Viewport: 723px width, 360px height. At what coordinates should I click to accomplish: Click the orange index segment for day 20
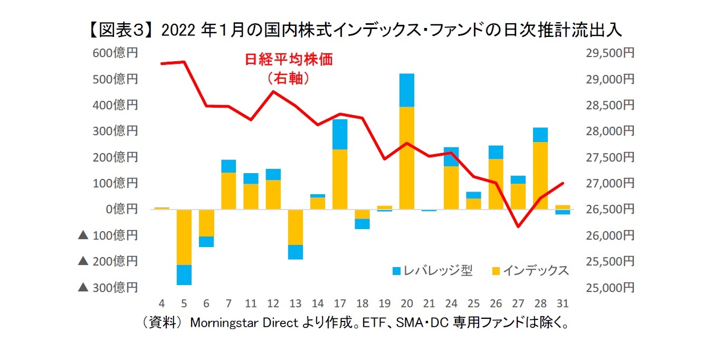406,158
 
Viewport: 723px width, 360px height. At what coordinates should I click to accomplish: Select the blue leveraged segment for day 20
406,90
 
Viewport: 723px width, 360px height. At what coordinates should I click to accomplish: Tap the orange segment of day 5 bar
184,237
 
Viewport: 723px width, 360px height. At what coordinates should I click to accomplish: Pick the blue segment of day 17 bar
340,134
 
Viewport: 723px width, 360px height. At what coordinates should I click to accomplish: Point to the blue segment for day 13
295,252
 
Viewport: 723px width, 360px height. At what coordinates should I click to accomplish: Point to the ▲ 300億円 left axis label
108,287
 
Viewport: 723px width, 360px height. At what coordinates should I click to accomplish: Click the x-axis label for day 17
340,304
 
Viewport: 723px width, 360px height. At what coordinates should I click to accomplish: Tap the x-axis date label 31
562,304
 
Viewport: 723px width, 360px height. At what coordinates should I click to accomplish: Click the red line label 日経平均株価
289,59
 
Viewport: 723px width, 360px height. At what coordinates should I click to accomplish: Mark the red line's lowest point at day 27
518,227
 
